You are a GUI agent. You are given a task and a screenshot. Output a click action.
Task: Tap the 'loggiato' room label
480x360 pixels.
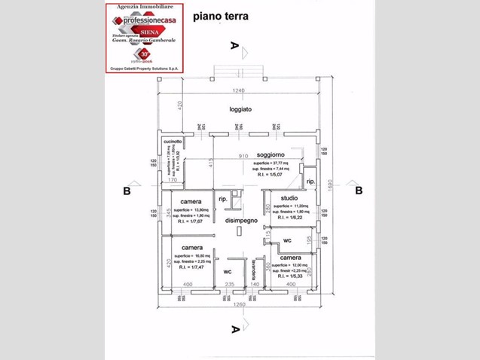pos(240,110)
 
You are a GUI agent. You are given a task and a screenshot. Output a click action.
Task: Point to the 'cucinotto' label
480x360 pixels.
pos(173,139)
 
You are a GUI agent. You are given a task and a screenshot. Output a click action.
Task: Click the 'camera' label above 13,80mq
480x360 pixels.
pos(190,202)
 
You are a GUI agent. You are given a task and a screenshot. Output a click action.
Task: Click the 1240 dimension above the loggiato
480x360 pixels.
pos(239,91)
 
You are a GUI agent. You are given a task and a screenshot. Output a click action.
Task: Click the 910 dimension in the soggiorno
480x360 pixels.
pos(244,157)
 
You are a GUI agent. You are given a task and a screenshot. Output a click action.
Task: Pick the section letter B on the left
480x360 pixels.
pos(127,191)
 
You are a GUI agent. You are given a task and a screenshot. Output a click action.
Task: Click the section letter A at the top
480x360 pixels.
pos(235,45)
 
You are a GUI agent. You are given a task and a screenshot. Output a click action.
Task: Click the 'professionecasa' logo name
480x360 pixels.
pos(147,20)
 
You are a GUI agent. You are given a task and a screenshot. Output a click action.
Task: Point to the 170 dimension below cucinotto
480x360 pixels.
pos(172,181)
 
